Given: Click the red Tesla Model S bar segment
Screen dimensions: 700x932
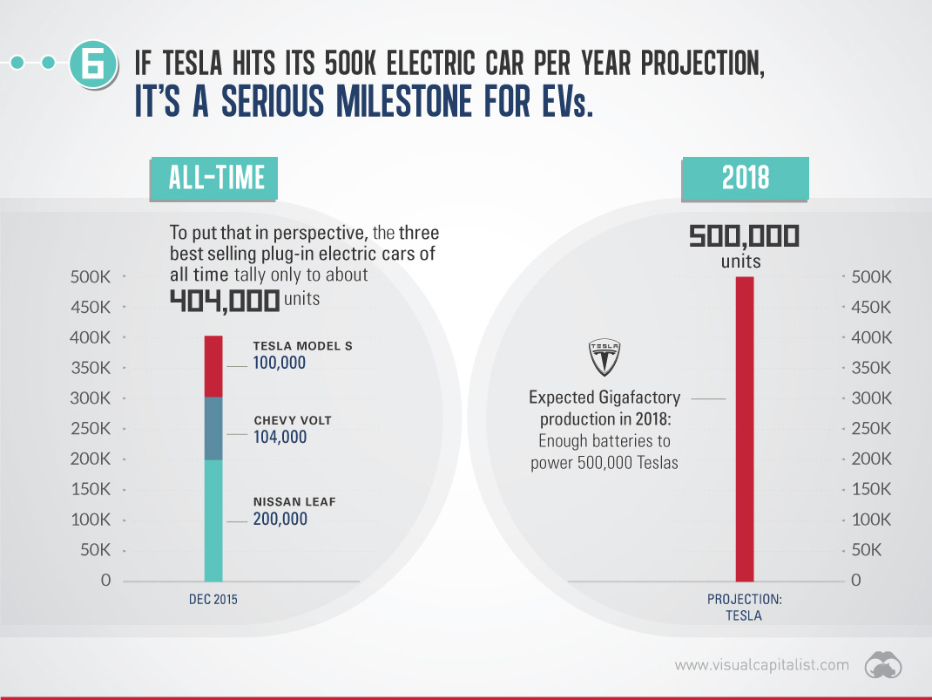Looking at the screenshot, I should (213, 366).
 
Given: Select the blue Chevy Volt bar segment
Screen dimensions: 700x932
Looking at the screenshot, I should (213, 429).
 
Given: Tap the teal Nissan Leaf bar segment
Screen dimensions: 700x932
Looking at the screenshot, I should (213, 520).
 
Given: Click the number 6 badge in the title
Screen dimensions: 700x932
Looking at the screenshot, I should (92, 64).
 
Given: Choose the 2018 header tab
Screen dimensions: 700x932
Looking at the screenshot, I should (746, 177).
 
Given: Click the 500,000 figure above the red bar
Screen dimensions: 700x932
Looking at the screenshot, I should (745, 236).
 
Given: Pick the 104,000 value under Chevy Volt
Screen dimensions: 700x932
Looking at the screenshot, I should (280, 437).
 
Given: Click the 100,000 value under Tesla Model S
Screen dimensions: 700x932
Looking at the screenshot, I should (280, 363).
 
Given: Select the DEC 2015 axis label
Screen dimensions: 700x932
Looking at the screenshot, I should (213, 600).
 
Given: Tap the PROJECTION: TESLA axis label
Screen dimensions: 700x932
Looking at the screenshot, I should (744, 607).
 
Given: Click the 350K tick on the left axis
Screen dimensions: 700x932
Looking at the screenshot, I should (91, 368).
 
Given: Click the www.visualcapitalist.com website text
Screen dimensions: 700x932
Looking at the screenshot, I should (761, 665).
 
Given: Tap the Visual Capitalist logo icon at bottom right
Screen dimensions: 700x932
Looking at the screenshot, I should (882, 665).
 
